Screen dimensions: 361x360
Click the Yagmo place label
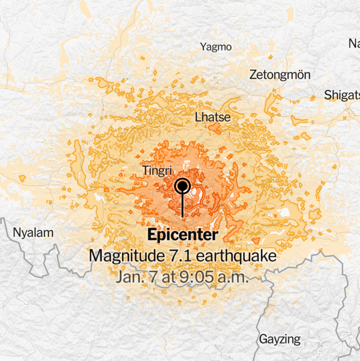tap(216, 47)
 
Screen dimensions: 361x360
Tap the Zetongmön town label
tap(280, 75)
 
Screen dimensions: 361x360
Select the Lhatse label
tap(213, 117)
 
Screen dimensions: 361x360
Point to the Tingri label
tap(158, 170)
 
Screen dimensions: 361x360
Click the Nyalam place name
tap(34, 232)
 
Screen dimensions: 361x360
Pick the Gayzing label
tap(280, 339)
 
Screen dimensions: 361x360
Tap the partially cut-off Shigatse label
tap(342, 94)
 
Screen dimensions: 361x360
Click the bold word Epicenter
tap(182, 235)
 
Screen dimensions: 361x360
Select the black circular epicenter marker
tap(182, 187)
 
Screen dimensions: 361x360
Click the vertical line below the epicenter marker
tap(182, 207)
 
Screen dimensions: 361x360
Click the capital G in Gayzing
tap(264, 338)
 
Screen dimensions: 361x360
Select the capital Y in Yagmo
tap(203, 47)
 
